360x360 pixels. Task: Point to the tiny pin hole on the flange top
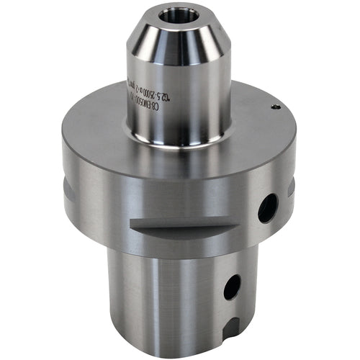tap(274, 107)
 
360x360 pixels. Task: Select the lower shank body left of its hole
tap(166, 295)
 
